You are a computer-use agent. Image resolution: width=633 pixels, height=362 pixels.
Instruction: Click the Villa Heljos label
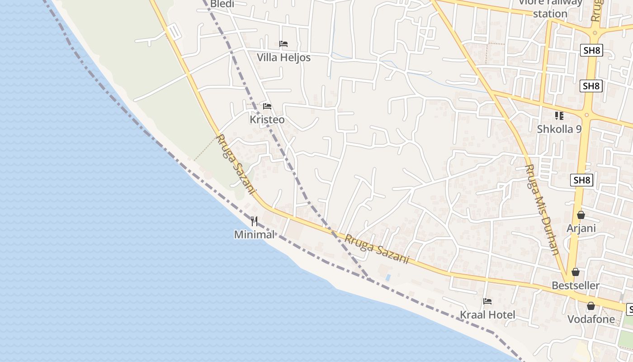283,57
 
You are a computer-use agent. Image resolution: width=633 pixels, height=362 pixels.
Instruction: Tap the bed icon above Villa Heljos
283,44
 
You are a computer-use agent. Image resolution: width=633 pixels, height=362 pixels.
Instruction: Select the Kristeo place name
267,119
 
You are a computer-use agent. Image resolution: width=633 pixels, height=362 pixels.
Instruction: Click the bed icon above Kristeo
267,106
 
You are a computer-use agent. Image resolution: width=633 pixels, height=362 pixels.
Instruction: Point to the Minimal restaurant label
254,234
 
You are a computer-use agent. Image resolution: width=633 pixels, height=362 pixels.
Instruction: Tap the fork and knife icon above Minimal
254,221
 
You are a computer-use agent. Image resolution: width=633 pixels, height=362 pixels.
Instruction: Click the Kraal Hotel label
487,314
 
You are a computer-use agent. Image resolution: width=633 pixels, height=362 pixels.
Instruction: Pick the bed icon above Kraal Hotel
487,301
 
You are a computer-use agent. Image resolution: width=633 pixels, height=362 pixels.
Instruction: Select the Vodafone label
591,319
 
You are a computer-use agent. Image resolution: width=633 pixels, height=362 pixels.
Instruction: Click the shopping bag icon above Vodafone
591,306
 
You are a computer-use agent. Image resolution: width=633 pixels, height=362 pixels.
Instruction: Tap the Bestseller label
576,286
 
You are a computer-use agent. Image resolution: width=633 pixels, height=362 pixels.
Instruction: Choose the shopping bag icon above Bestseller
576,272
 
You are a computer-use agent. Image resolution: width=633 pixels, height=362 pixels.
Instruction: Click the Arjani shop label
581,228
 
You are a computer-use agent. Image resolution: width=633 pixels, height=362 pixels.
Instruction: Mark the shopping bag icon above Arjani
581,215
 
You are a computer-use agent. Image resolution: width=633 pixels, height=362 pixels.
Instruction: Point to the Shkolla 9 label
559,129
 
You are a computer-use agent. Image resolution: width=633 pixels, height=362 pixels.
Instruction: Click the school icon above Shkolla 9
559,116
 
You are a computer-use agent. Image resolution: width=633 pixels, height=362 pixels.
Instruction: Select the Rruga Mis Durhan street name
543,209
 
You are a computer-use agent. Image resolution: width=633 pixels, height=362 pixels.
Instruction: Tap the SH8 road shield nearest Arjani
582,180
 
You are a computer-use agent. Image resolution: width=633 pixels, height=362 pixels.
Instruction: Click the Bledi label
221,4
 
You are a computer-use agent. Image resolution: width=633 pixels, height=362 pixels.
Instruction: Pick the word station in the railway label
550,14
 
